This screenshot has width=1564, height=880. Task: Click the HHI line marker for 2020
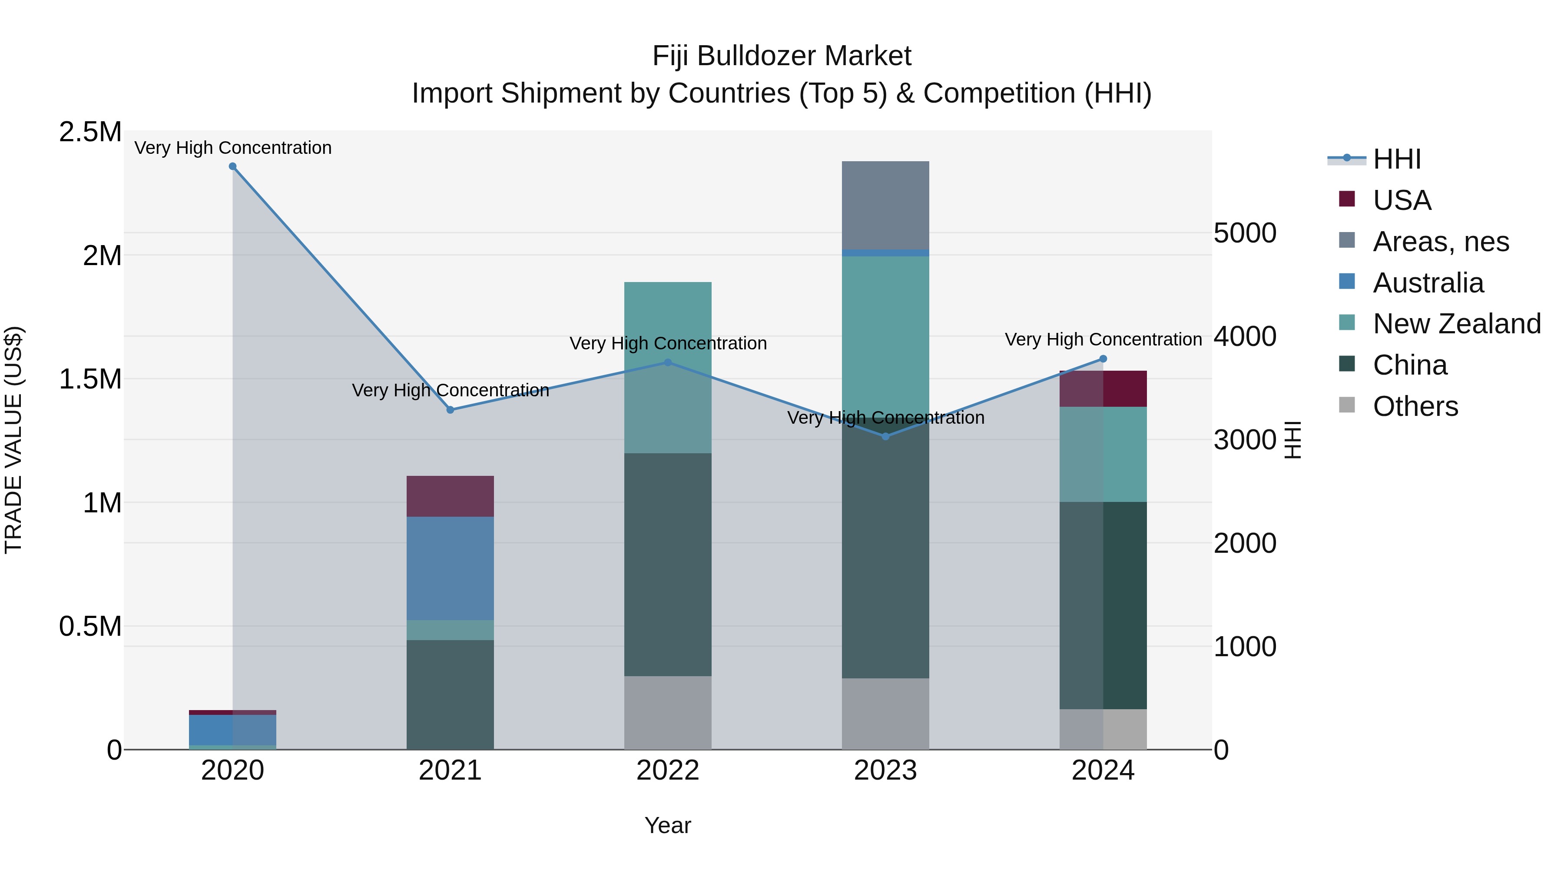click(x=232, y=166)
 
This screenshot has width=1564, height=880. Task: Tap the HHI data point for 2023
click(x=885, y=436)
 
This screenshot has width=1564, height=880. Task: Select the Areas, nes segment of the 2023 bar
click(x=885, y=205)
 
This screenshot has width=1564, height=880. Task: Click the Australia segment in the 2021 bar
click(x=450, y=568)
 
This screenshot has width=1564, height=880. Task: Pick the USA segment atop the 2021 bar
click(x=450, y=496)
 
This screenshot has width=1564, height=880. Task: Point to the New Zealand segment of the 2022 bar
click(x=668, y=367)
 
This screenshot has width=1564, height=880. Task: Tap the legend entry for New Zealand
click(x=1456, y=324)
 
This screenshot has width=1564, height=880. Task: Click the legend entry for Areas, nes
click(x=1440, y=242)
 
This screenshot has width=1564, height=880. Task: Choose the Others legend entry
click(x=1415, y=406)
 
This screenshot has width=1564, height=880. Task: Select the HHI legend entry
click(x=1396, y=159)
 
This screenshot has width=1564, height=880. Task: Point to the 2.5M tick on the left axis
click(x=90, y=132)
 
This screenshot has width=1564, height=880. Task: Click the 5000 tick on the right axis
click(x=1245, y=233)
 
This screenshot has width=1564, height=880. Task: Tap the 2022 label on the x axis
click(x=668, y=770)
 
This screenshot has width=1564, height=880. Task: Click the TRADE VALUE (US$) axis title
click(x=13, y=440)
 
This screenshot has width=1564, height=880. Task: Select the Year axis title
click(x=668, y=825)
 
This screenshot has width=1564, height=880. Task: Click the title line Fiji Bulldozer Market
click(x=782, y=56)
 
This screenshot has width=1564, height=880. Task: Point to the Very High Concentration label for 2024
click(x=1103, y=339)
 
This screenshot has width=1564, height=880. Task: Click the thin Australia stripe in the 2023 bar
click(x=885, y=252)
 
